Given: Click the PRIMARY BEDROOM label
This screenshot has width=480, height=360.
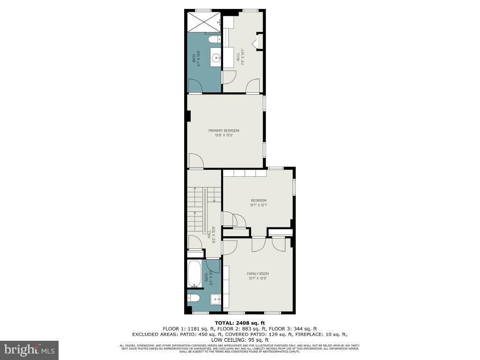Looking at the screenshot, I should [x=224, y=130].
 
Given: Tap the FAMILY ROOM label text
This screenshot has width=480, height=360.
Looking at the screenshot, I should [x=258, y=274].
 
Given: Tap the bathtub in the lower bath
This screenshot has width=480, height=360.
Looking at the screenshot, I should [x=195, y=274].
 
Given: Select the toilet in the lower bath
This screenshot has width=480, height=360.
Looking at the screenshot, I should [x=195, y=298].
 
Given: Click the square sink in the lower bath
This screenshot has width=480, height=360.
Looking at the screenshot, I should [x=215, y=298].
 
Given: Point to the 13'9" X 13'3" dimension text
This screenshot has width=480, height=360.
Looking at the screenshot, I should [x=224, y=135].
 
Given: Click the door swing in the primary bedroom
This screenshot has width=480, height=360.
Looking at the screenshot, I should [x=195, y=161].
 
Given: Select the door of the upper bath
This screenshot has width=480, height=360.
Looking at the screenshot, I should [x=195, y=86].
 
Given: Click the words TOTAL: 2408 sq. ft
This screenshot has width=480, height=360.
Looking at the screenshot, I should [x=240, y=322].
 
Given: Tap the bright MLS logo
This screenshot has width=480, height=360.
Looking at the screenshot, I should [x=30, y=350].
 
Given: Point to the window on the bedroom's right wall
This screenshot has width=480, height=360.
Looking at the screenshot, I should [x=294, y=186].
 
